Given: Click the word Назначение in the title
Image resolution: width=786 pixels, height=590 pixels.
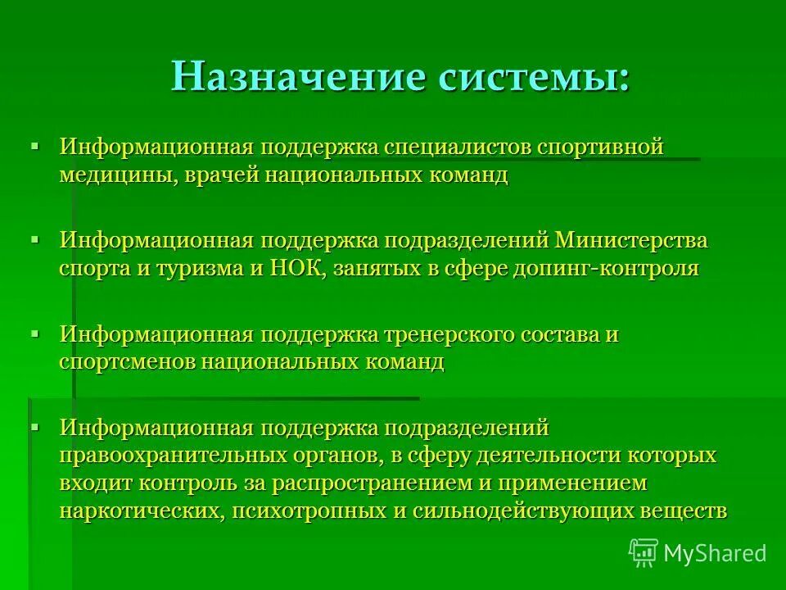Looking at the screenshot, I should coord(297,78).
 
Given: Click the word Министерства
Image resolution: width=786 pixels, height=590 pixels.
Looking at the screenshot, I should coord(631,243).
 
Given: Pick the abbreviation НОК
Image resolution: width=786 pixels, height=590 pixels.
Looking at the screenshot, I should coord(297,269).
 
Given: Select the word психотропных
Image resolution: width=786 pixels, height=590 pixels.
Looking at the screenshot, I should coord(313,510).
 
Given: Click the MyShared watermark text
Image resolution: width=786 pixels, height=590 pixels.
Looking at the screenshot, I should coord(715,553).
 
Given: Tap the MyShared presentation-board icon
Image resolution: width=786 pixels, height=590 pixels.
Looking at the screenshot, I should coord(644,553).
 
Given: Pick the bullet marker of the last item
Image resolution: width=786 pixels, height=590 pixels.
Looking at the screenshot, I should coord(34,426).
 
